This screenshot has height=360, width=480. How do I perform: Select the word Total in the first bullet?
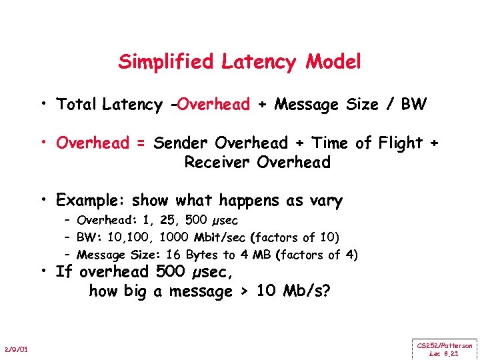[77, 105]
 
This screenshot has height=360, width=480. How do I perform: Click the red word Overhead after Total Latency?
[213, 105]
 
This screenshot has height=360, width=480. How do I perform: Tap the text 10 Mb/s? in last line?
[304, 291]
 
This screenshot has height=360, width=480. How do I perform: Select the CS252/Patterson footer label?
[445, 345]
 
